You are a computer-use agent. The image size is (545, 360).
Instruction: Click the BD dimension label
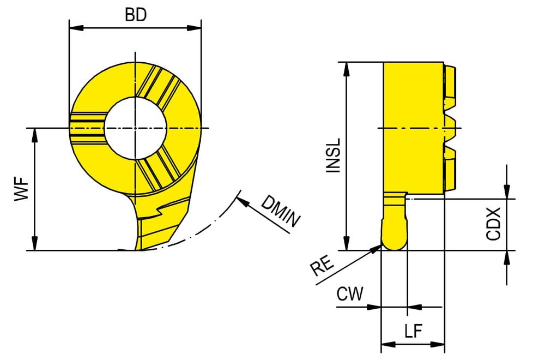coord(136,15)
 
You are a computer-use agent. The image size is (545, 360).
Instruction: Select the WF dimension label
coord(21,189)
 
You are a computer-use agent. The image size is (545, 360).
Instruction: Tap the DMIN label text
coord(281,211)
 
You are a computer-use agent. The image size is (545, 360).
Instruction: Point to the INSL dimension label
coord(333,155)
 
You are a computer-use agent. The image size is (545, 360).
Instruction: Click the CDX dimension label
coord(493,224)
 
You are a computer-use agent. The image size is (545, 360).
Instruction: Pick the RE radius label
coord(322,266)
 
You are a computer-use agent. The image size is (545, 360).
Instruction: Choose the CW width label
coord(350,294)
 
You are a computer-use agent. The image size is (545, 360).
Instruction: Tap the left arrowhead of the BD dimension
coord(76,28)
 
